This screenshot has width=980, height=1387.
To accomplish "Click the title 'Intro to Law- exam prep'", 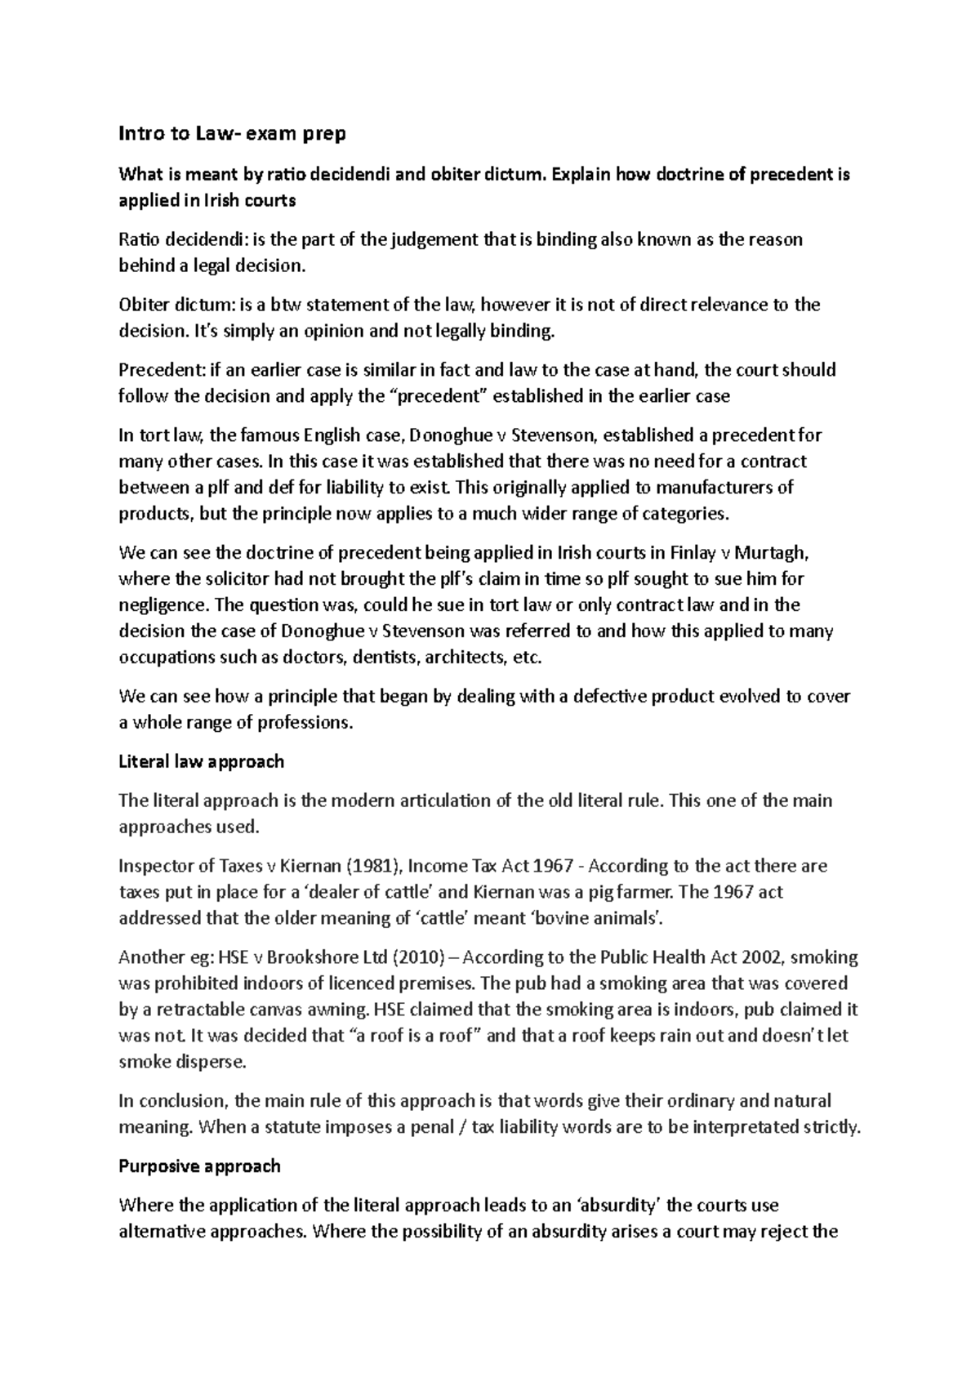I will (232, 133).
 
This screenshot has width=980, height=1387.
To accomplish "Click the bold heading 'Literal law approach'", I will (201, 761).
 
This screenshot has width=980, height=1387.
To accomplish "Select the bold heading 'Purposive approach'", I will (199, 1166).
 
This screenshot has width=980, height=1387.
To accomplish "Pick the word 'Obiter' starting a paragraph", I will (143, 305).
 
